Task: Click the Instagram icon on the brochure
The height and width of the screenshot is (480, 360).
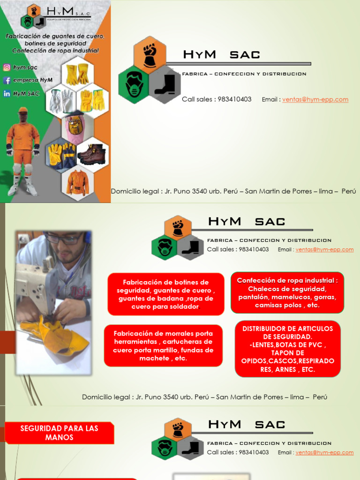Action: click(7, 67)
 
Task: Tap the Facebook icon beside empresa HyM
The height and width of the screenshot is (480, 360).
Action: click(7, 80)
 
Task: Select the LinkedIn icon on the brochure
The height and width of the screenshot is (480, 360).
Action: click(7, 93)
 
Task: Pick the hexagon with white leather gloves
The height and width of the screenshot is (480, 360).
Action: click(62, 100)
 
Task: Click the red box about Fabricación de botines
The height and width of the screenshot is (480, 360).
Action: click(166, 294)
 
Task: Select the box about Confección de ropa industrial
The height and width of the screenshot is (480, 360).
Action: click(287, 292)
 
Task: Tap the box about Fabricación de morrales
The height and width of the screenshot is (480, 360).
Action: click(163, 346)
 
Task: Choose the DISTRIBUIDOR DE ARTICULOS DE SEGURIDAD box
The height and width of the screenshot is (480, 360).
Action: click(287, 349)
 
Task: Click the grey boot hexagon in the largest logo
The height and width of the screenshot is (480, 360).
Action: click(165, 85)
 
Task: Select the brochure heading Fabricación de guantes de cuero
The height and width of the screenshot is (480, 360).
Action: click(55, 36)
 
